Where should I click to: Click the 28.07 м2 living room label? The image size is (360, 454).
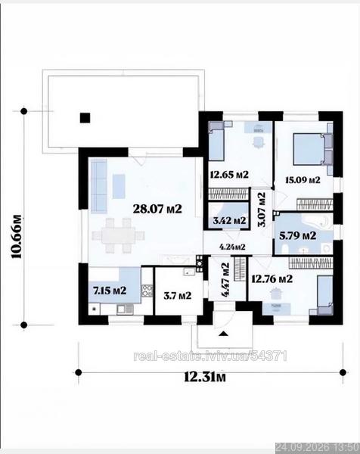[x=157, y=209]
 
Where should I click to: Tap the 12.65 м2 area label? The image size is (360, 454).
[x=229, y=175]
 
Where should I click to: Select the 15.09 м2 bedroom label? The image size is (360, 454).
[x=303, y=180]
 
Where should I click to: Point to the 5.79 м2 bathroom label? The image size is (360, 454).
[x=297, y=235]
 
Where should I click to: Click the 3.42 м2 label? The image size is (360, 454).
[x=229, y=221]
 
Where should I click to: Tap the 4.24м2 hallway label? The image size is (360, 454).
[x=233, y=247]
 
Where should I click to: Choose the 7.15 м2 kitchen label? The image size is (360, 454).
[x=110, y=290]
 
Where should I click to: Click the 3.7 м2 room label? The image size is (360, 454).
[x=178, y=296]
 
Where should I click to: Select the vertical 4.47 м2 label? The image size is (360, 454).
[x=225, y=280]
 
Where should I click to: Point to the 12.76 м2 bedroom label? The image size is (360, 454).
[x=272, y=278]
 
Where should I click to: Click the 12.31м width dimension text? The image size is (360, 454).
[x=205, y=377]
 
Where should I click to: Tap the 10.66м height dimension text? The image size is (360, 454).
[x=16, y=236]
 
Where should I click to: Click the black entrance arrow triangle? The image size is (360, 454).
[x=223, y=334]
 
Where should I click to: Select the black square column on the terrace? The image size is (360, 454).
[x=85, y=118]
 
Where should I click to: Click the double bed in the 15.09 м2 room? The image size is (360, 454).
[x=309, y=149]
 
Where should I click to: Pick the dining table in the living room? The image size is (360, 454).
[x=118, y=235]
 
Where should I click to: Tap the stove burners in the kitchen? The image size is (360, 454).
[x=147, y=291]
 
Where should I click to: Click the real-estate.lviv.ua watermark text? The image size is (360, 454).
[x=210, y=356]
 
